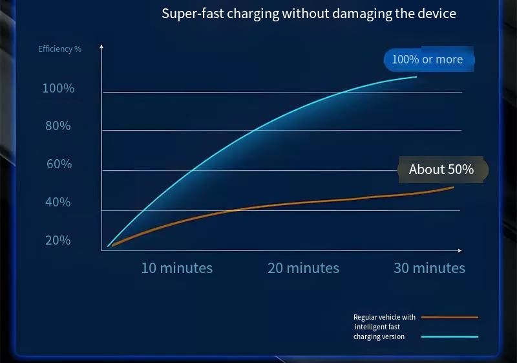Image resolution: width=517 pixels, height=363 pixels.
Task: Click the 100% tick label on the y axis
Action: point(58,88)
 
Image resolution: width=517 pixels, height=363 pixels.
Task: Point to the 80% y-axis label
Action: point(58,126)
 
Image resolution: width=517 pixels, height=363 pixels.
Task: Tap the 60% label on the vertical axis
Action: point(59,164)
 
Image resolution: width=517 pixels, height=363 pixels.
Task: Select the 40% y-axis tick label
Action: point(58,202)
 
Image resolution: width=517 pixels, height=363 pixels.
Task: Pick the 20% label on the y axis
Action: point(58,240)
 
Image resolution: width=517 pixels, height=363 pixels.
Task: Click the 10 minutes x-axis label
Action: point(177,268)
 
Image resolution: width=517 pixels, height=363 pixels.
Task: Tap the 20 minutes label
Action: point(303,268)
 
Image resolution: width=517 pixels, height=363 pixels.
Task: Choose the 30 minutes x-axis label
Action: point(429,268)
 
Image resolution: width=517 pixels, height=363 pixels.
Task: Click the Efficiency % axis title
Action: point(59,49)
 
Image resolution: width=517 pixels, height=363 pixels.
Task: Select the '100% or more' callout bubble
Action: point(428,60)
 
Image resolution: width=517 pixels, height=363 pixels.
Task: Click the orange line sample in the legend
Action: point(450,317)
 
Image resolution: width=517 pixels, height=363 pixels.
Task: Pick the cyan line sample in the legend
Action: point(450,336)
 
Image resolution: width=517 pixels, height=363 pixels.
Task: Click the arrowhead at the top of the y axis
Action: point(101,46)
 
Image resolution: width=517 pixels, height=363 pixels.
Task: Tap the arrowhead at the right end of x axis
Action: point(460,251)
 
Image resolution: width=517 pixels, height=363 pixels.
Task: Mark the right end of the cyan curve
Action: point(416,77)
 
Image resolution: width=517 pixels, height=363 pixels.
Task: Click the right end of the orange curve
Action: point(454,188)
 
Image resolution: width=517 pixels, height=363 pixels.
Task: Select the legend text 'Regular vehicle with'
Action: point(385,317)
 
